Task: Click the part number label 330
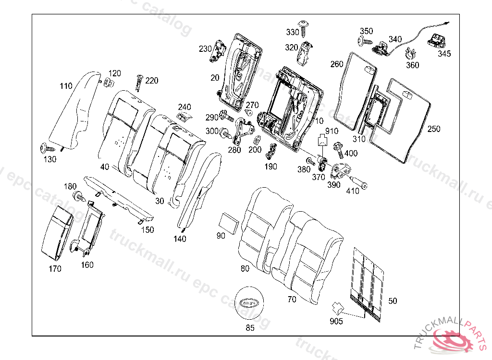292,32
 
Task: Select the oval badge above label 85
248,302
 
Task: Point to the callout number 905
336,321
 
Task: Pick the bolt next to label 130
46,147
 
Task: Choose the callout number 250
433,129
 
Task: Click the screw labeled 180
78,195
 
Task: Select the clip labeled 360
410,54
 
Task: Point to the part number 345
444,54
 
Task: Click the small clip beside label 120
109,83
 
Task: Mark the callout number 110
66,86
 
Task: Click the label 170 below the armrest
55,269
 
